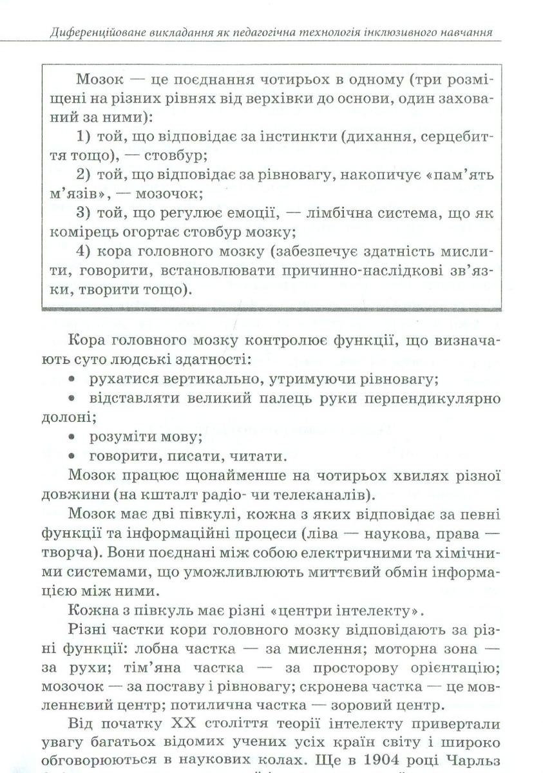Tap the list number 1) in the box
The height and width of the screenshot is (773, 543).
(x=84, y=137)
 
